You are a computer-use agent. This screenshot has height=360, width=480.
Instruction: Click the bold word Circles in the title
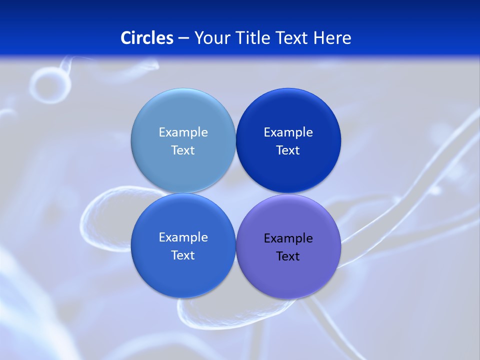pos(147,38)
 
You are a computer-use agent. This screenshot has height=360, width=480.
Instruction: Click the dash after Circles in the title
pos(183,38)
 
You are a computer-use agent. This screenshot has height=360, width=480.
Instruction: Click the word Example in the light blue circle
pos(183,132)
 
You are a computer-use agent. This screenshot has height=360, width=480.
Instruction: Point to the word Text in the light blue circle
pos(183,150)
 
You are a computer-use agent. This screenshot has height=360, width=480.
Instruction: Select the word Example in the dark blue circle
pos(288,132)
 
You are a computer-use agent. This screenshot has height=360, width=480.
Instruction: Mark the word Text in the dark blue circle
pos(288,150)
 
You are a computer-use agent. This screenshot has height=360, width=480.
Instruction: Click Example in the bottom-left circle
pos(183,237)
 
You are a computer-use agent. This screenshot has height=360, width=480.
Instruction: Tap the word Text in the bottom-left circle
pos(183,255)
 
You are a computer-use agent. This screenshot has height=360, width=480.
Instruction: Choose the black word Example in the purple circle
pos(288,238)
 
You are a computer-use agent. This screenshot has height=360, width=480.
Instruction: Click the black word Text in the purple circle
pos(288,256)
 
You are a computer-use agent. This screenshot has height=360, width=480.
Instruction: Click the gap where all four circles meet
pos(236,193)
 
